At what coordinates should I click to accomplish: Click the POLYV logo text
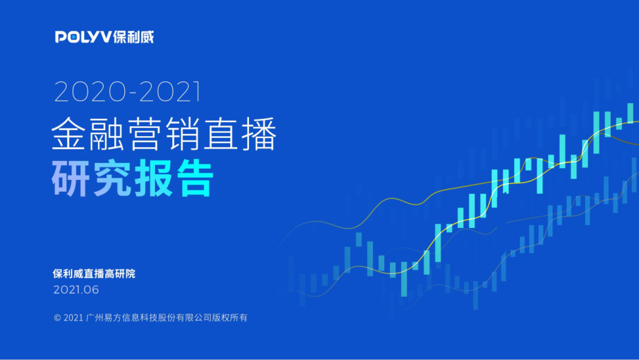tap(83, 37)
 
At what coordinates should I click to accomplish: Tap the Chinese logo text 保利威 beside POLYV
tap(134, 37)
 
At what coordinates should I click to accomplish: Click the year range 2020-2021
tap(128, 91)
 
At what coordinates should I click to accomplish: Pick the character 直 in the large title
tap(221, 133)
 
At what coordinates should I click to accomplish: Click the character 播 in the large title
tap(259, 133)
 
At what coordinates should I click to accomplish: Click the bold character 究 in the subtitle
tap(112, 178)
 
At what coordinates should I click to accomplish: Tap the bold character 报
tap(153, 178)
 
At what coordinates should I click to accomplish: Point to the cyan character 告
tap(195, 178)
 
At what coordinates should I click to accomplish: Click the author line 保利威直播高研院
tap(94, 274)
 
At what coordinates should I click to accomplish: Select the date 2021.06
tap(76, 290)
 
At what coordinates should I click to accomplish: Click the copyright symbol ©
tap(57, 317)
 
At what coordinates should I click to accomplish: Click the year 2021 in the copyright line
tap(74, 317)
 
